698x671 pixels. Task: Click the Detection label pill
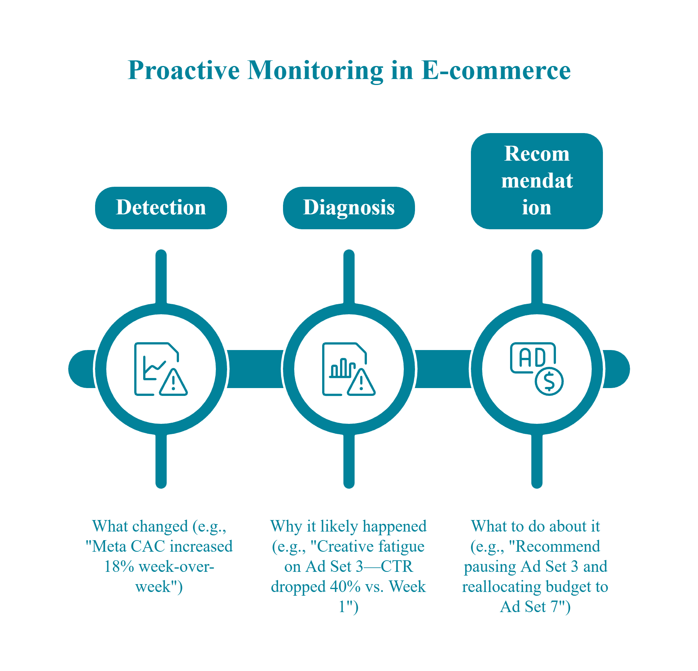pos(161,208)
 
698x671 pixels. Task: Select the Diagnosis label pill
pos(349,208)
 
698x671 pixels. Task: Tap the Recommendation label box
pos(537,181)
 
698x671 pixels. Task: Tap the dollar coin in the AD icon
pos(549,381)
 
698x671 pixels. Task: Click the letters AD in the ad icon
pos(532,357)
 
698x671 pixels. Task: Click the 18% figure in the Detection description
pos(119,567)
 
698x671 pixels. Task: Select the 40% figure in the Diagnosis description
pos(345,587)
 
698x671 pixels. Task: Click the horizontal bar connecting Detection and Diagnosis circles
pos(255,369)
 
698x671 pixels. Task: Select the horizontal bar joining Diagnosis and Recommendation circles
pos(443,369)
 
